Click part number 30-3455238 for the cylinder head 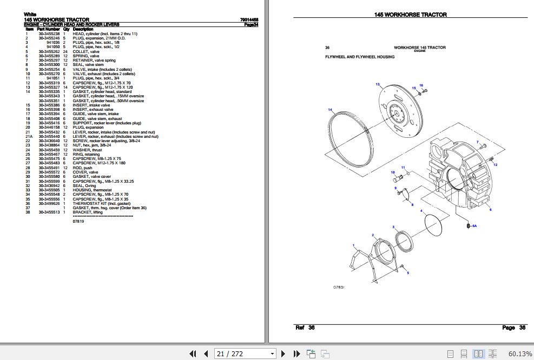click(x=49, y=34)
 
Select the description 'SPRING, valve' click(x=86, y=56)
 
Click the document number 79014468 click(x=249, y=20)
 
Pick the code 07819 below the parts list click(x=78, y=221)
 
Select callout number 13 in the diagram click(x=378, y=84)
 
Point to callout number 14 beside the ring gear click(x=329, y=110)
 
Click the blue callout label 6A click(x=474, y=226)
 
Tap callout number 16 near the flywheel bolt click(x=421, y=85)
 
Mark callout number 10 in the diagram click(x=393, y=172)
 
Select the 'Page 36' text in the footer click(x=513, y=328)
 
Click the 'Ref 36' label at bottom click(x=305, y=328)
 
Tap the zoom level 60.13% click(x=519, y=354)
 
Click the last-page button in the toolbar click(x=296, y=354)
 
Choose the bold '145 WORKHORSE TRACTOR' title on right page click(x=410, y=15)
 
